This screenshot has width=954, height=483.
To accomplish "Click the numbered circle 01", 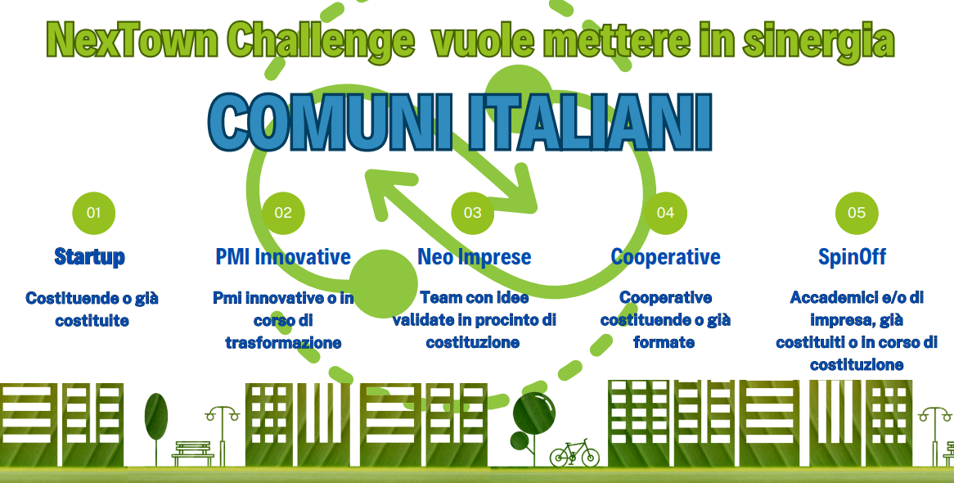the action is pyautogui.click(x=94, y=213).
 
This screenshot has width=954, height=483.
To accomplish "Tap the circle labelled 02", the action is pyautogui.click(x=283, y=213).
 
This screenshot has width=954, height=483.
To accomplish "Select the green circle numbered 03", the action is pyautogui.click(x=473, y=213).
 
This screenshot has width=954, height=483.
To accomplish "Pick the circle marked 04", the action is pyautogui.click(x=666, y=213).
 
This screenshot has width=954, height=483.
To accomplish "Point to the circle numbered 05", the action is pyautogui.click(x=857, y=213).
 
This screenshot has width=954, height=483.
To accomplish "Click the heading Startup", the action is pyautogui.click(x=89, y=257).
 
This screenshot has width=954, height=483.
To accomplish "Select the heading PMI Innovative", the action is pyautogui.click(x=283, y=256).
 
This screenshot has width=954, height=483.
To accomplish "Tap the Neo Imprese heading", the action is pyautogui.click(x=474, y=257).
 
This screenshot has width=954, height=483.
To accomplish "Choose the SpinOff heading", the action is pyautogui.click(x=852, y=257).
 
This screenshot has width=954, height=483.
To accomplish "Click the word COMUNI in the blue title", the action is pyautogui.click(x=331, y=123).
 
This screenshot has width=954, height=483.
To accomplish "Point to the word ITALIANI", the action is pyautogui.click(x=592, y=122).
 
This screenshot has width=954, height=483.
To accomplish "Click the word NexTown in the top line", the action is pyautogui.click(x=132, y=40).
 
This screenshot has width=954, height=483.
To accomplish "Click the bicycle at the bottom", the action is pyautogui.click(x=574, y=454).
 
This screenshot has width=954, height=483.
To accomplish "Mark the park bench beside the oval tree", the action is pyautogui.click(x=193, y=454).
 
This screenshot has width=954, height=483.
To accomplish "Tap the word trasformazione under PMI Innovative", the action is pyautogui.click(x=283, y=343).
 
